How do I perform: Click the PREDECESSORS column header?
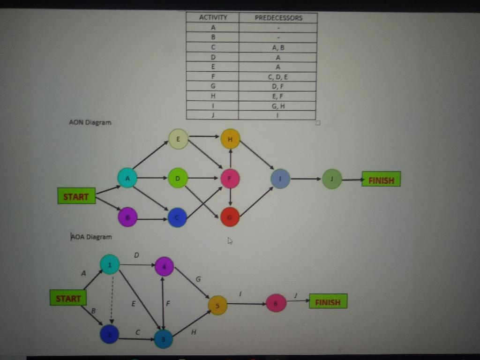(x=278, y=18)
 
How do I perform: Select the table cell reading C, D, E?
(x=278, y=76)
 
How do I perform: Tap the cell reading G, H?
(x=278, y=106)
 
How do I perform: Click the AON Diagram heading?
(x=90, y=122)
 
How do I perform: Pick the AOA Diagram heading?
(x=91, y=237)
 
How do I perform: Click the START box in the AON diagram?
(x=76, y=196)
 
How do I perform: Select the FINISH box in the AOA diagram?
(x=328, y=301)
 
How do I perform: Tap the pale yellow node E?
(x=178, y=139)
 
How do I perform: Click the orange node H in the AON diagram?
(x=230, y=139)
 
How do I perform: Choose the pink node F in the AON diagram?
(x=230, y=179)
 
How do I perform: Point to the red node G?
(x=230, y=217)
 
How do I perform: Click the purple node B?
(x=127, y=217)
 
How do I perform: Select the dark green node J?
(x=332, y=179)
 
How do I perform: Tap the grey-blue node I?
(x=280, y=179)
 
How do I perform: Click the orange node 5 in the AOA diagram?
(x=217, y=305)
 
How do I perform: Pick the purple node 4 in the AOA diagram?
(x=164, y=266)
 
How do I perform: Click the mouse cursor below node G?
(x=230, y=241)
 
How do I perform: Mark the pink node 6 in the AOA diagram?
(x=276, y=303)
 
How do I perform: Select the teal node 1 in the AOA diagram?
(x=110, y=264)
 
